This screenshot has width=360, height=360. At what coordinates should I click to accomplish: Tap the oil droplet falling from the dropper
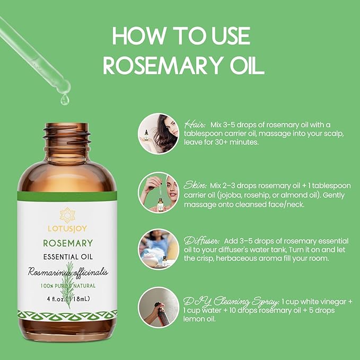pyautogui.click(x=64, y=99)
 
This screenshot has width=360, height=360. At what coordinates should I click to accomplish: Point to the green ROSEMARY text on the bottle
pyautogui.click(x=67, y=243)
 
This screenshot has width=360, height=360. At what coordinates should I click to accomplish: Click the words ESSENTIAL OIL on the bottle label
pyautogui.click(x=67, y=258)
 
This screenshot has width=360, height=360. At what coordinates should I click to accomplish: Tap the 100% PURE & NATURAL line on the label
pyautogui.click(x=67, y=286)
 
